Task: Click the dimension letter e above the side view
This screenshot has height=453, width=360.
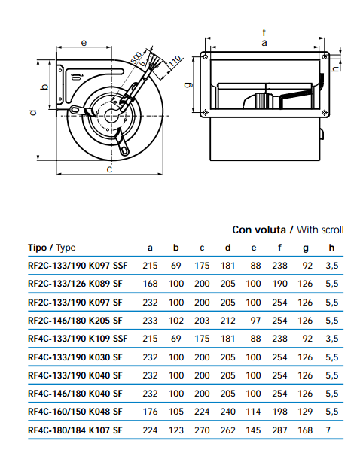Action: (x=84, y=43)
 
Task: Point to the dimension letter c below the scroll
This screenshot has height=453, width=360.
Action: (x=109, y=169)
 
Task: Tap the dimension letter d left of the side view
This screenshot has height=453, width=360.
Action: (x=33, y=112)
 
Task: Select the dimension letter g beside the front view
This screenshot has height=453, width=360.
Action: (x=188, y=84)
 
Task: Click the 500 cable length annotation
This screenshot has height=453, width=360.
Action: (x=136, y=58)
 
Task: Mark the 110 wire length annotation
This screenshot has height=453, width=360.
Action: (x=175, y=62)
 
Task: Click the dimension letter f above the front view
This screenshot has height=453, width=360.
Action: (x=264, y=33)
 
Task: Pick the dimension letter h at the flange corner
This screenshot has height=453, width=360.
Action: (x=335, y=68)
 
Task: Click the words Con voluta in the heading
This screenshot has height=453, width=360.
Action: (x=259, y=230)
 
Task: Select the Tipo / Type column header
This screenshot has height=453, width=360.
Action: (x=52, y=248)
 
